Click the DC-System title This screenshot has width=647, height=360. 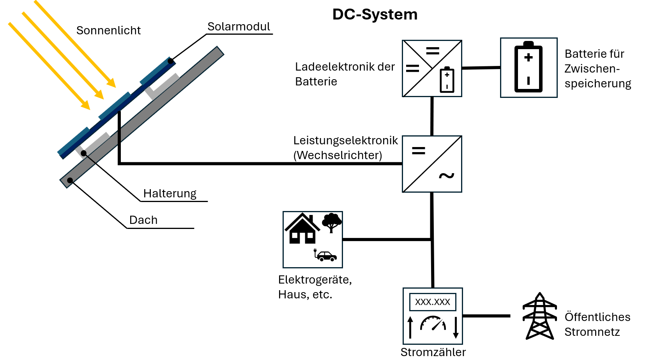tap(375, 14)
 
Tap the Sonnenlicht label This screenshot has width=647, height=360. tap(108, 30)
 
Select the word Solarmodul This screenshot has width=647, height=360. tap(239, 27)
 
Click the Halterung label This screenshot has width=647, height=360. tap(170, 193)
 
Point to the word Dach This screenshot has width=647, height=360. tap(143, 220)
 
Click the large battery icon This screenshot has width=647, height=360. tap(529, 67)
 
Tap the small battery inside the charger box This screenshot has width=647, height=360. tap(447, 80)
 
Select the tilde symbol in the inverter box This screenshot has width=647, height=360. tap(446, 176)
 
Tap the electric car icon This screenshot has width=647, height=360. tap(325, 255)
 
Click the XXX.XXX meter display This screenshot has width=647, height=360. tap(433, 302)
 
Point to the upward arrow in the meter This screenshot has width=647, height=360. tap(410, 327)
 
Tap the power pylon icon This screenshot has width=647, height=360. tap(540, 316)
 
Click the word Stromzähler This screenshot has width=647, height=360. tap(433, 352)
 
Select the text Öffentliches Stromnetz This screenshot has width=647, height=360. tap(597, 324)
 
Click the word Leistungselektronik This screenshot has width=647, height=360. tap(345, 140)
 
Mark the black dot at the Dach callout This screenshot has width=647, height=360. tap(70, 180)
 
